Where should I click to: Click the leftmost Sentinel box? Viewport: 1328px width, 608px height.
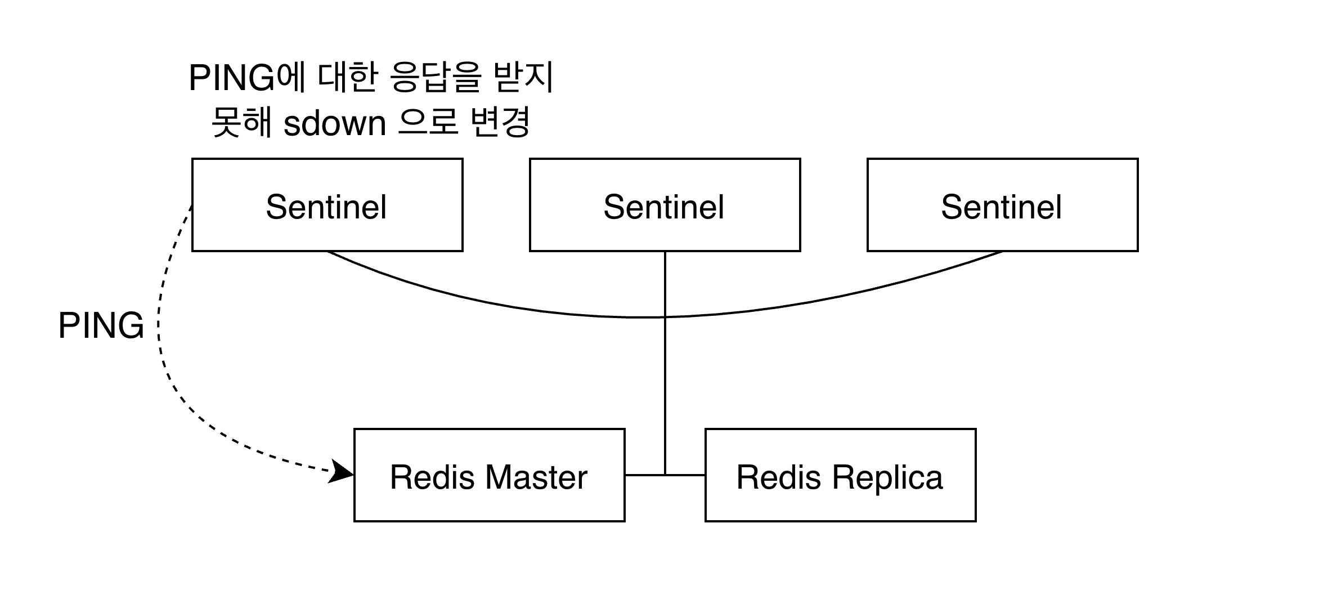click(327, 205)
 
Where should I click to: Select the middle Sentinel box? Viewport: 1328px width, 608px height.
click(665, 205)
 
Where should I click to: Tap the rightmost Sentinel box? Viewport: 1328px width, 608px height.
click(1002, 205)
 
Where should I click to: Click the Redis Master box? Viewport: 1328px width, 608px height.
click(489, 475)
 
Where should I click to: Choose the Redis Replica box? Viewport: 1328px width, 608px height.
click(840, 475)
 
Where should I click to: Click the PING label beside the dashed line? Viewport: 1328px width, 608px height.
click(101, 326)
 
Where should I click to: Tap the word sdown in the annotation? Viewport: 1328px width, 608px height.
click(334, 123)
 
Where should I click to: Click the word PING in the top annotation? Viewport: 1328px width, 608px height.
click(232, 78)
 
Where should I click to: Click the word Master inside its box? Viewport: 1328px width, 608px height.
click(536, 477)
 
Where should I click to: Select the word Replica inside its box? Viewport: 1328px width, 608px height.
click(887, 477)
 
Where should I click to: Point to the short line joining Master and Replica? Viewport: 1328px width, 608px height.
click(644, 475)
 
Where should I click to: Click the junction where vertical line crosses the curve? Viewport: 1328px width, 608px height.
click(665, 318)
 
